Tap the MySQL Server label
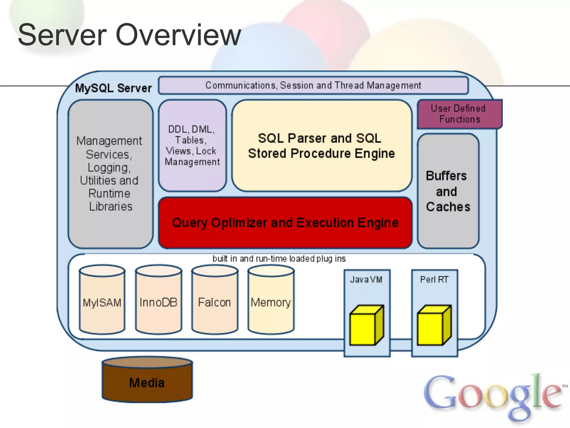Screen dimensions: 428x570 (114, 88)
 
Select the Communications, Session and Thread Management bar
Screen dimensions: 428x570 (313, 85)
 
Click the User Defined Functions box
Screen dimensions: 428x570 (459, 114)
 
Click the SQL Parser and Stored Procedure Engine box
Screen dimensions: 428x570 (321, 146)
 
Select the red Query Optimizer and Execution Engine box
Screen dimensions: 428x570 (285, 223)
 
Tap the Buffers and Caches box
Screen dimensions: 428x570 (448, 191)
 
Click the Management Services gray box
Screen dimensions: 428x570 (110, 174)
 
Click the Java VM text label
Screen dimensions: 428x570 (366, 279)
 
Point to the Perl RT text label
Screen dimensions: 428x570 (434, 279)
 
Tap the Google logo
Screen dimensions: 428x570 (493, 396)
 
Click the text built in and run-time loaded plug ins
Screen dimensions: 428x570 (279, 259)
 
